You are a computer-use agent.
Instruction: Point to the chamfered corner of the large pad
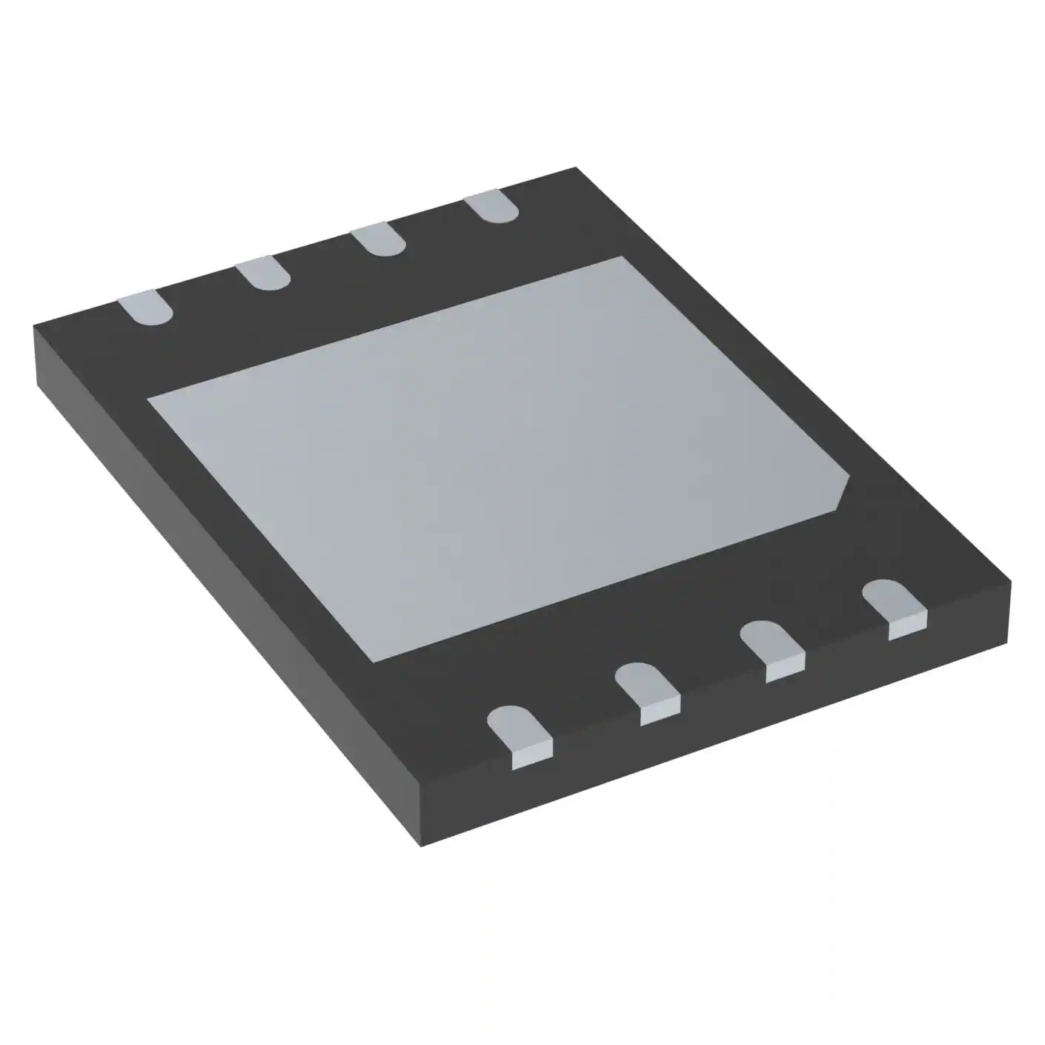pyautogui.click(x=843, y=492)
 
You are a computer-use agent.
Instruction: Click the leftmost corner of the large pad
pyautogui.click(x=148, y=399)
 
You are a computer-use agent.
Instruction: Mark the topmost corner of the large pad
pyautogui.click(x=621, y=257)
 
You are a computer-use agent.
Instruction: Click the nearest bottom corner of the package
pyautogui.click(x=421, y=846)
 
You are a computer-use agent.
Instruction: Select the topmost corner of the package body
pyautogui.click(x=577, y=168)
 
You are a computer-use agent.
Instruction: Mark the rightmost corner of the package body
pyautogui.click(x=1010, y=582)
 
